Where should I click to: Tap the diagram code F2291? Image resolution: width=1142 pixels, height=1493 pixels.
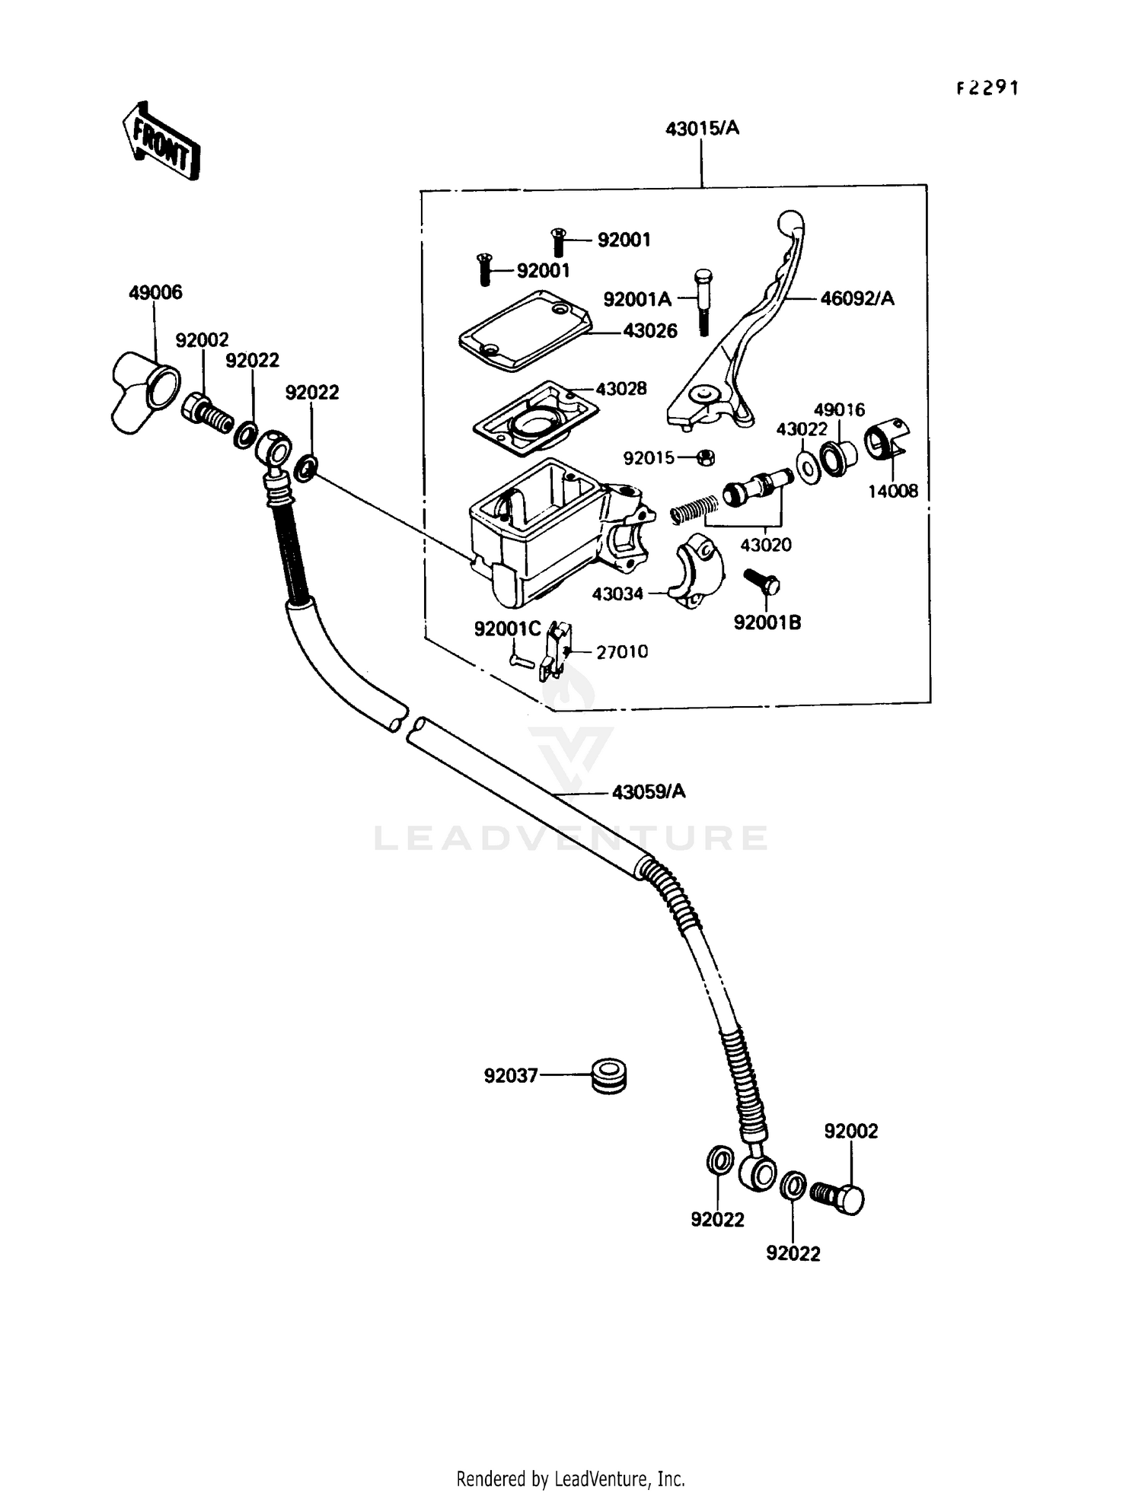[x=987, y=88]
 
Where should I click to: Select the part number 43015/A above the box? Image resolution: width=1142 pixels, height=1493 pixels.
[x=702, y=129]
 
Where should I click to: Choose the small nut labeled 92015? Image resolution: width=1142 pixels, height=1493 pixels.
[x=706, y=457]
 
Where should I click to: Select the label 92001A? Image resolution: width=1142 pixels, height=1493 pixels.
[x=636, y=300]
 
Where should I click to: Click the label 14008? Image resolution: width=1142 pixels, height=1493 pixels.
[x=893, y=492]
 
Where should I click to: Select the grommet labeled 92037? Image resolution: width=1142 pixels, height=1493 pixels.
[x=608, y=1075]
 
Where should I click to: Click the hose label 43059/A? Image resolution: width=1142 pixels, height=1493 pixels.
[x=649, y=792]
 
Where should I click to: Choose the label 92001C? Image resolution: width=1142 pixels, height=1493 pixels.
[x=507, y=629]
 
